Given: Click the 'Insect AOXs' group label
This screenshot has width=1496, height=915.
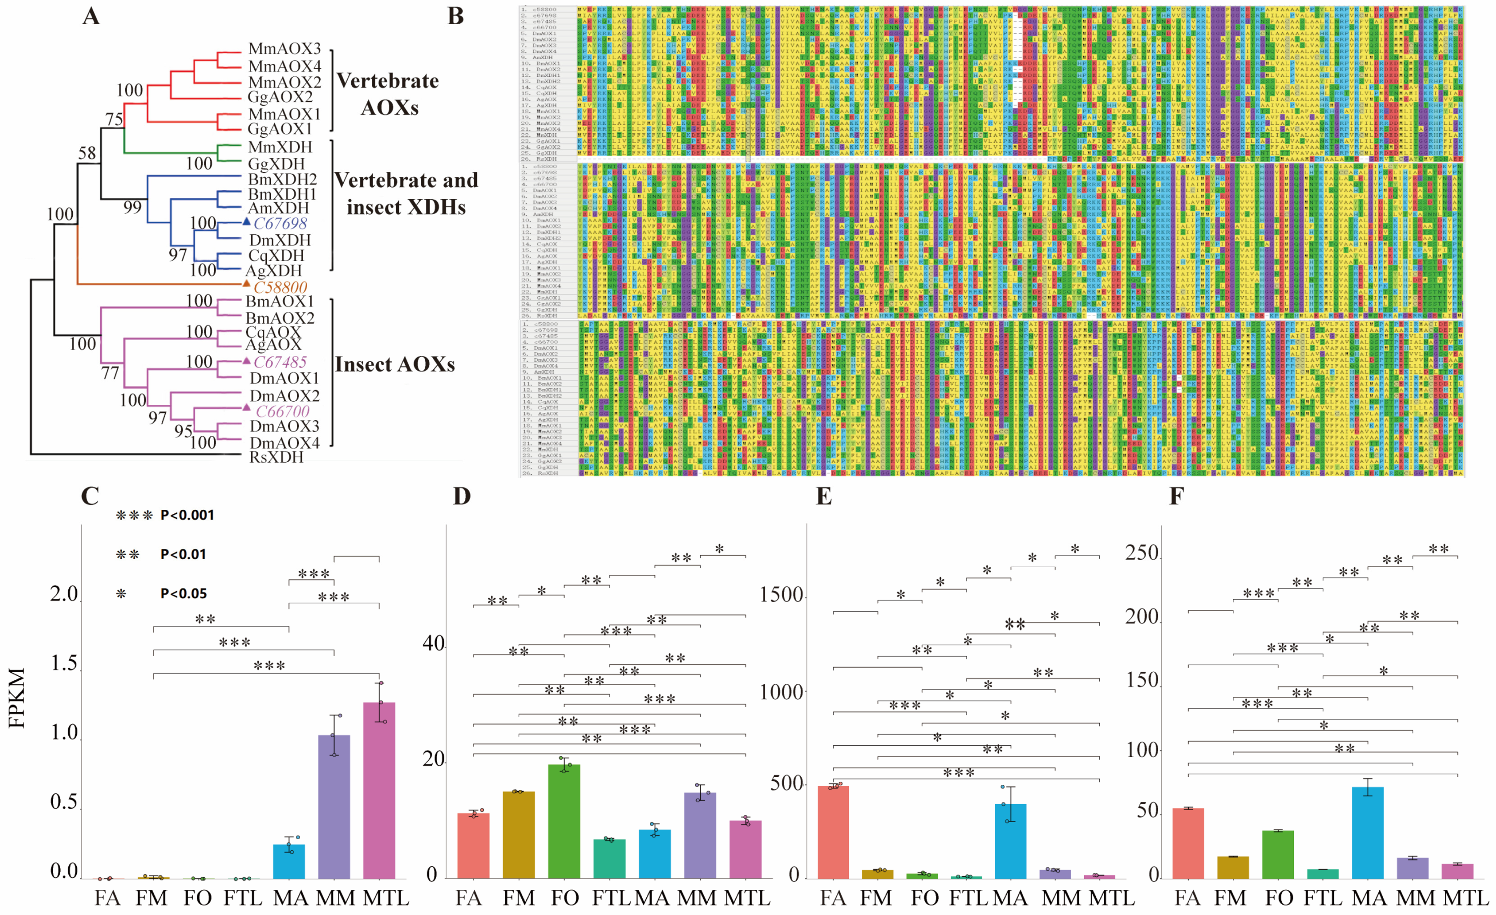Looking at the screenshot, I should click(395, 364).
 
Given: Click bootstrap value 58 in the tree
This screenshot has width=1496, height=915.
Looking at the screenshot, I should click(87, 153).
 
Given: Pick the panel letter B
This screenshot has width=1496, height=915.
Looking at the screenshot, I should click(455, 17).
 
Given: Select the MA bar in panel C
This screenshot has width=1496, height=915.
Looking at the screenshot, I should click(289, 861).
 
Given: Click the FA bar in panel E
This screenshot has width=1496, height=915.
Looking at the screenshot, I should click(833, 832).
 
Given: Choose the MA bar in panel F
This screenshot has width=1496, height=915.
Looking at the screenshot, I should click(1368, 832).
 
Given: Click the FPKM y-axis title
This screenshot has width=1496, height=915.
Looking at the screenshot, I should click(17, 698).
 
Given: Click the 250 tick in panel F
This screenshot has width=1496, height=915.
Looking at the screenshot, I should click(1142, 553).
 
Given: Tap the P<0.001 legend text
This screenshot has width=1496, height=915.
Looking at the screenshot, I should click(187, 515).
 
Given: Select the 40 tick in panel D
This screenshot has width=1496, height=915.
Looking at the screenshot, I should click(433, 644).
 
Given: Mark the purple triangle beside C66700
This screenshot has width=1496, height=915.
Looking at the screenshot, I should click(247, 407).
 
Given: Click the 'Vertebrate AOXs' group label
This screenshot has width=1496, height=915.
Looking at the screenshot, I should click(387, 94).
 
